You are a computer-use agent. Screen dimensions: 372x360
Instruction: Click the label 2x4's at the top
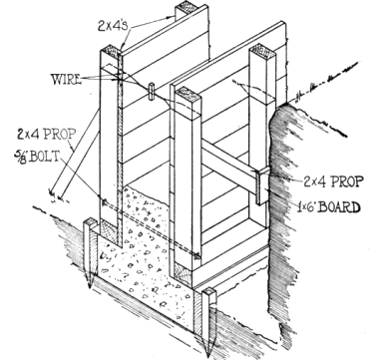(x=113, y=26)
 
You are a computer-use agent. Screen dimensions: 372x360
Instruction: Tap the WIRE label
(x=66, y=80)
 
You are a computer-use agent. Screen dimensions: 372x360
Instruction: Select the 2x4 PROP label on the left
(x=47, y=134)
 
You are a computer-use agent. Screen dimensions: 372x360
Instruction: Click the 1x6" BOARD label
(x=329, y=207)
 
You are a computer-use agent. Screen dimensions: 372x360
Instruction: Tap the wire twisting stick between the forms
(x=152, y=91)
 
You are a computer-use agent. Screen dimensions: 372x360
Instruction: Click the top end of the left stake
(x=91, y=221)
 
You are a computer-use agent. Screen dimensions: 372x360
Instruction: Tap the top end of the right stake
(x=209, y=292)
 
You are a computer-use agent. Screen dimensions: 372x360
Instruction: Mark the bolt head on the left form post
(x=104, y=201)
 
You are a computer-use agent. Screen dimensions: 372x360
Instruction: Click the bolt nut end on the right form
(x=197, y=256)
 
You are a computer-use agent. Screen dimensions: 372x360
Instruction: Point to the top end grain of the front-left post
(x=111, y=52)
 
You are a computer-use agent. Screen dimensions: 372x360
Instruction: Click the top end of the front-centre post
(x=187, y=95)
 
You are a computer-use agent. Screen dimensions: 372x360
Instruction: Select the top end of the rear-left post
(x=186, y=8)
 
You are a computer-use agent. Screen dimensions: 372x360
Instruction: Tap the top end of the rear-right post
(x=262, y=51)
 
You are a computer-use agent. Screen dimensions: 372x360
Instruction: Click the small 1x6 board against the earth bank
(x=263, y=185)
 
